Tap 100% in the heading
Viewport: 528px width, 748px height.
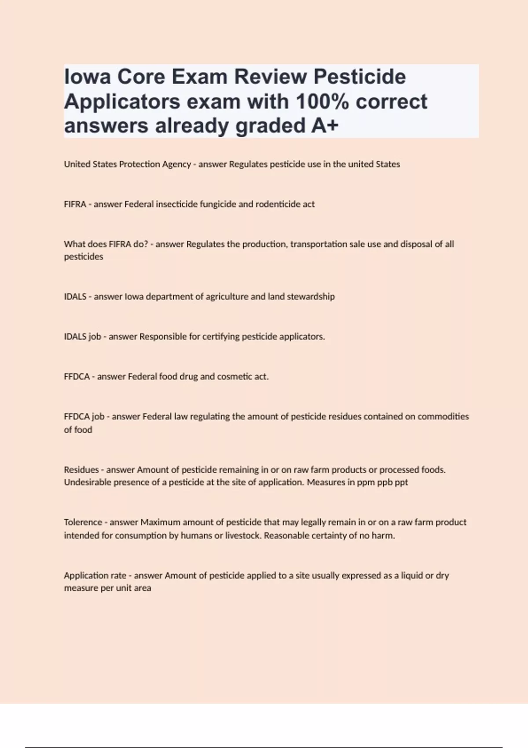(322, 102)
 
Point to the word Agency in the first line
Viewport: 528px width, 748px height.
(176, 164)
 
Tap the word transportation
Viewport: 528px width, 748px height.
(319, 244)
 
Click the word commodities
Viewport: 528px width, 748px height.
(443, 416)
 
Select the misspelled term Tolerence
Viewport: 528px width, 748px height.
(83, 522)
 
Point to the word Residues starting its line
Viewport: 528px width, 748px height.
(81, 469)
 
